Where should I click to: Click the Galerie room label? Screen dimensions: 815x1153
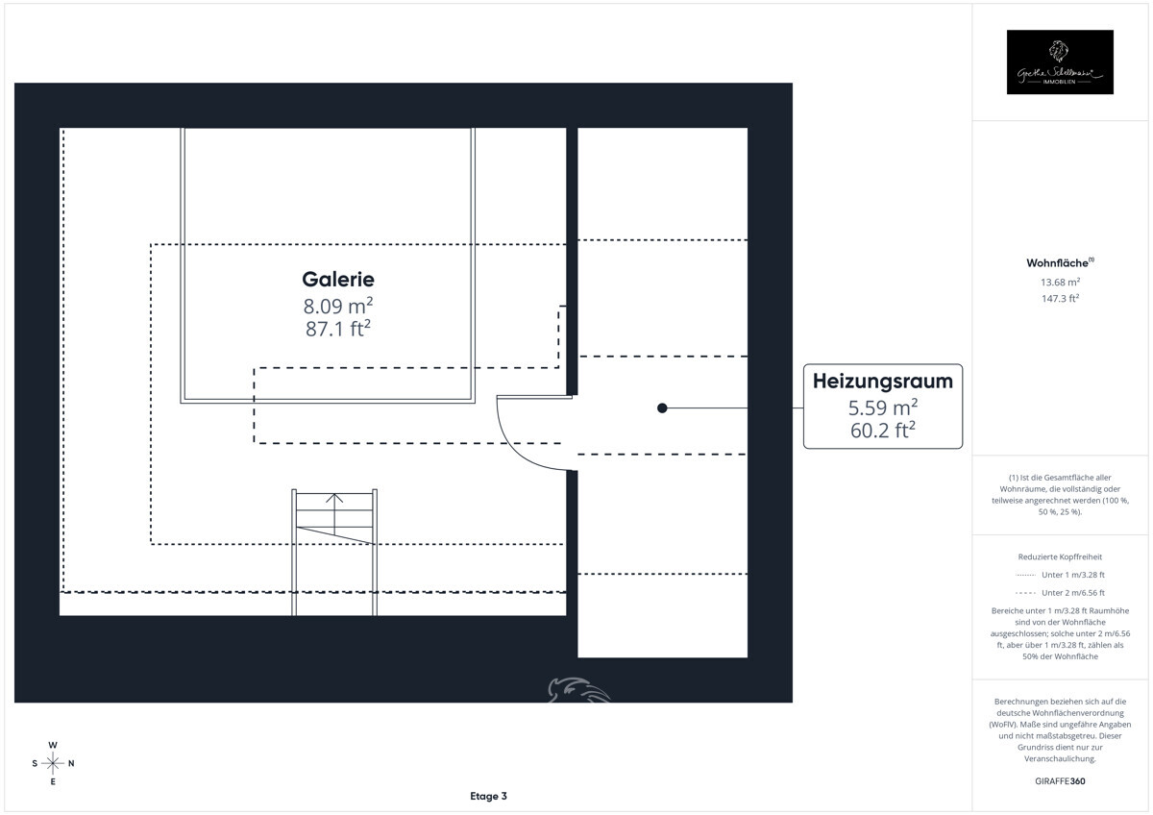click(x=337, y=280)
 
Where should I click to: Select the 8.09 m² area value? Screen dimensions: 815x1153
click(x=337, y=307)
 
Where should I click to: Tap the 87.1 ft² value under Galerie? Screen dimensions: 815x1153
click(x=337, y=329)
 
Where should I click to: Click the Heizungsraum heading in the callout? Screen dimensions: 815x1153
click(x=882, y=381)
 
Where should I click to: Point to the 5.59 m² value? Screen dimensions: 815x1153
click(x=882, y=407)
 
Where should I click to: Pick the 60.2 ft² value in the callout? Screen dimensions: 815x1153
click(x=882, y=431)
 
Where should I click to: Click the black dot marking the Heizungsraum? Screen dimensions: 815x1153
click(x=662, y=408)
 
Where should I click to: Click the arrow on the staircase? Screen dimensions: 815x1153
click(x=334, y=500)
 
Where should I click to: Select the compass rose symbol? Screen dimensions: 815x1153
click(x=53, y=763)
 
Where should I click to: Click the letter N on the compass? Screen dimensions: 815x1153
click(x=71, y=763)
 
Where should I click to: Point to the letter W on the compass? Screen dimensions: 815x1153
click(x=53, y=745)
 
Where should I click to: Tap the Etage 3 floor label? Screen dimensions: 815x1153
click(x=488, y=796)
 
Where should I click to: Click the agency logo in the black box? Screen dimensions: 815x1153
click(x=1060, y=62)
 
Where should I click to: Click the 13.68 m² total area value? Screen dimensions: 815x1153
click(x=1060, y=282)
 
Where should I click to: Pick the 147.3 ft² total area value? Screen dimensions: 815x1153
click(x=1060, y=298)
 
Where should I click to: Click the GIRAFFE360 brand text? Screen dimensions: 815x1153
click(x=1060, y=780)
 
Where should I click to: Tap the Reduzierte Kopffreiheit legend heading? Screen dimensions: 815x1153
click(x=1060, y=556)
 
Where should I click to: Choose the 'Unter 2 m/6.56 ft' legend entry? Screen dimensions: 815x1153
click(x=1072, y=592)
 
